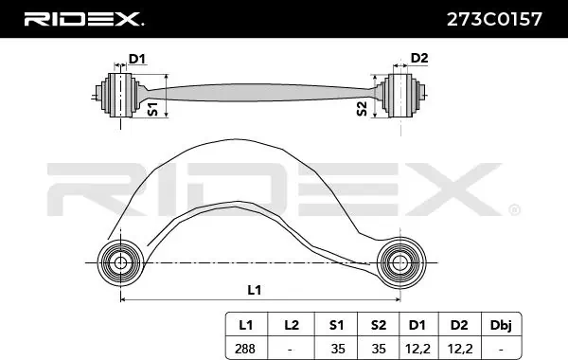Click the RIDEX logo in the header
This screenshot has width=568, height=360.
pos(83,18)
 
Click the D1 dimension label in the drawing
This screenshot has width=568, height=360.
pos(137,60)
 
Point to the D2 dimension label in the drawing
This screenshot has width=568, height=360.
pos(419,60)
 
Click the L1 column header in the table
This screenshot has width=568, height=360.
pos(245,325)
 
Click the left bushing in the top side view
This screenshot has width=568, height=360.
pos(123,94)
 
